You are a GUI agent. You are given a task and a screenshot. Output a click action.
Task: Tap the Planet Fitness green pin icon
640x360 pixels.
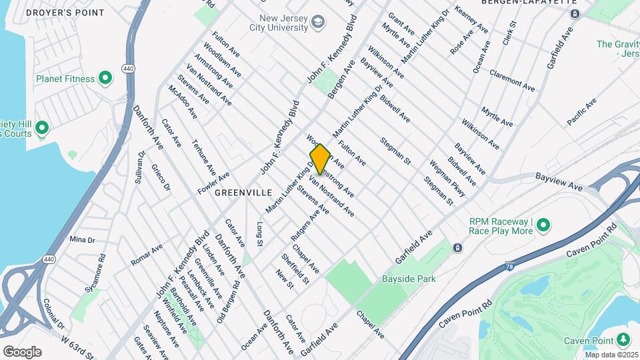pyautogui.click(x=105, y=79)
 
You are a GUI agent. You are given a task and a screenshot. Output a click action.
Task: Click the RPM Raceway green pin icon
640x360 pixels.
pyautogui.click(x=543, y=225)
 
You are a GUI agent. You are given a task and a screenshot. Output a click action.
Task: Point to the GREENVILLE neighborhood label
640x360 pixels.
pyautogui.click(x=243, y=192)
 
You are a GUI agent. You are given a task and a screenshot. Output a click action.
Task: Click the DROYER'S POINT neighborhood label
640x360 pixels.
pyautogui.click(x=65, y=13)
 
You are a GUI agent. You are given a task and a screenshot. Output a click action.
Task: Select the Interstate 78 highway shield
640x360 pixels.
pyautogui.click(x=510, y=265)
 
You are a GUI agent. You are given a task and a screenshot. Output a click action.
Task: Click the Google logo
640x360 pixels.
pyautogui.click(x=22, y=351)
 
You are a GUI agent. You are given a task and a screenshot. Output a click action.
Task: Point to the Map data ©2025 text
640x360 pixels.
pyautogui.click(x=610, y=355)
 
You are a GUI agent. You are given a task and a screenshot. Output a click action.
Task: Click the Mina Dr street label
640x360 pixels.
pyautogui.click(x=82, y=239)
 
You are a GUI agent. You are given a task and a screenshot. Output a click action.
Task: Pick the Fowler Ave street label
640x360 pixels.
pyautogui.click(x=213, y=182)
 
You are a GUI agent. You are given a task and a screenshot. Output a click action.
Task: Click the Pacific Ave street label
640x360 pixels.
pyautogui.click(x=581, y=112)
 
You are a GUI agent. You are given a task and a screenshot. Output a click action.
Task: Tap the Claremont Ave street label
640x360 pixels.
pyautogui.click(x=512, y=81)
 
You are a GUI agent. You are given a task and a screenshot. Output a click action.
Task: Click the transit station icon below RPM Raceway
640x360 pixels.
pyautogui.click(x=457, y=248)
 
